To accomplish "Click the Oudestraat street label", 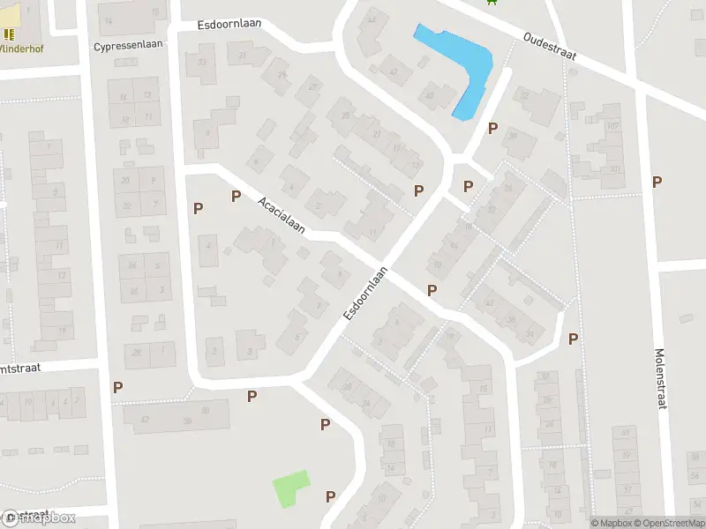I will [549, 47].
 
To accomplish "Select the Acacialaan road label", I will [282, 216].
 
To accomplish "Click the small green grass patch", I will [291, 488].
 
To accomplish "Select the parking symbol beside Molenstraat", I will [657, 182].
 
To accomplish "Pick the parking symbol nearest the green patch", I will [330, 496].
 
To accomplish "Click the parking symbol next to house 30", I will [492, 129].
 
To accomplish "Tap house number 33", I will [202, 61].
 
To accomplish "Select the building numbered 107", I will [612, 125].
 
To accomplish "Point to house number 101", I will [615, 169].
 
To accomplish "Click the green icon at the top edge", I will [492, 2].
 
